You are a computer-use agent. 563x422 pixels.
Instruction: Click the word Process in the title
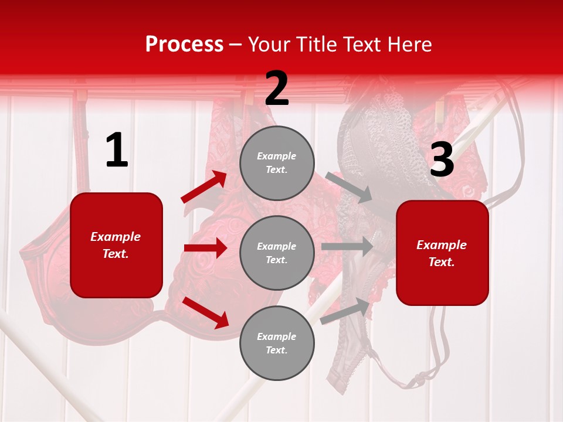(184, 44)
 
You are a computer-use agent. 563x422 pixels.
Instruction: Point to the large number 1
(117, 151)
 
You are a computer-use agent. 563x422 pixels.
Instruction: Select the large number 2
(277, 89)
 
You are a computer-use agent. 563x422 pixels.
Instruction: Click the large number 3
(442, 159)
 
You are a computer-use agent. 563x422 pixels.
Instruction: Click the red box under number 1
(116, 245)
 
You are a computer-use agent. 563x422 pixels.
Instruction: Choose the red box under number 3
(442, 253)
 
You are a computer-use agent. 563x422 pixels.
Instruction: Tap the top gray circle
(277, 163)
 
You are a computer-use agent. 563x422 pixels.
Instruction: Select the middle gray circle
(277, 253)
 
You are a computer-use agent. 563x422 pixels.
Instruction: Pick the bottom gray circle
(277, 343)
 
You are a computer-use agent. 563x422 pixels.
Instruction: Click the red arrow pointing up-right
(204, 187)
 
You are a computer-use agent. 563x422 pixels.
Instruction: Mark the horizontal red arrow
(205, 248)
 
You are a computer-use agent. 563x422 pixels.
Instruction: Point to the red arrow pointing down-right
(206, 312)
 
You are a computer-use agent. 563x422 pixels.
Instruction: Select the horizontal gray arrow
(347, 246)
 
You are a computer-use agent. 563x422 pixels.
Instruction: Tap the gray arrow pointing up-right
(345, 310)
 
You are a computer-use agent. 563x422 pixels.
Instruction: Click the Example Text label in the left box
(116, 245)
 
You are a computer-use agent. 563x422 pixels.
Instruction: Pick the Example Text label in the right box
(442, 253)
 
